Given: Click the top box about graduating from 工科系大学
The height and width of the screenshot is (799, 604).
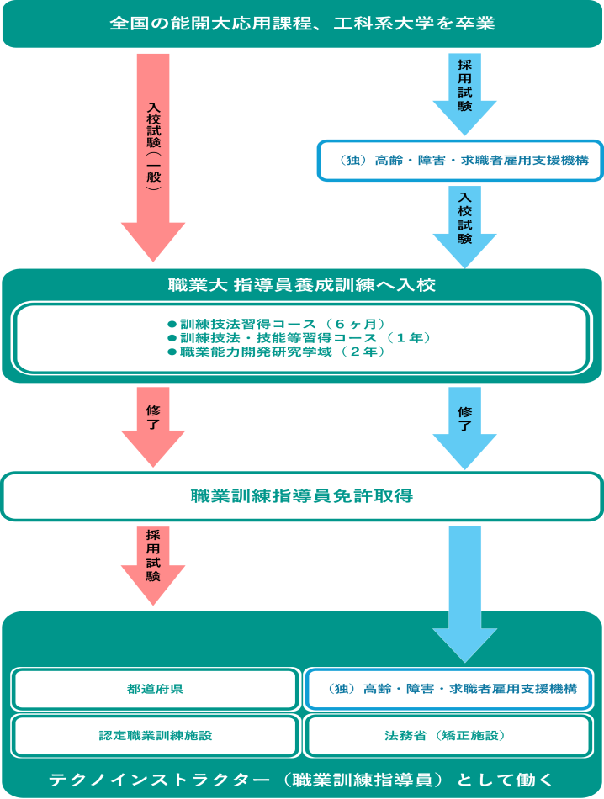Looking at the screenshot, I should (x=301, y=23).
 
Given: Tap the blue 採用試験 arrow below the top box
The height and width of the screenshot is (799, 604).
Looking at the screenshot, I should (x=464, y=93).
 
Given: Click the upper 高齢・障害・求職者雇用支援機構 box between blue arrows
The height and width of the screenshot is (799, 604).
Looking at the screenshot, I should (x=459, y=160).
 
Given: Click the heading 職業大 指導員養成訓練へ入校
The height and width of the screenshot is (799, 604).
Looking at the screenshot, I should (x=301, y=285).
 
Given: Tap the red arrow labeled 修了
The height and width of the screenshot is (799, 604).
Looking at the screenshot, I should (x=153, y=425).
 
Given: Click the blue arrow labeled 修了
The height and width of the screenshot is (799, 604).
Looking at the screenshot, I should (x=464, y=425).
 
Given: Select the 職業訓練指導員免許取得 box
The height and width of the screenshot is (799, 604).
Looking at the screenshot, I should (x=301, y=496).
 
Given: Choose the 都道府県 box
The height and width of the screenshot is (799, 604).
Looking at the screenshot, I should (x=155, y=689).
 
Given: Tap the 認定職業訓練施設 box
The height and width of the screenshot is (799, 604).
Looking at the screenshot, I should (x=155, y=735).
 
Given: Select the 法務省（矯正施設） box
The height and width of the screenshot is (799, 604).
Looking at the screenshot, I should (x=452, y=735).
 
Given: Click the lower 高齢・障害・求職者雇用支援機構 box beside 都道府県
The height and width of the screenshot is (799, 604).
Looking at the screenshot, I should (x=452, y=689).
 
